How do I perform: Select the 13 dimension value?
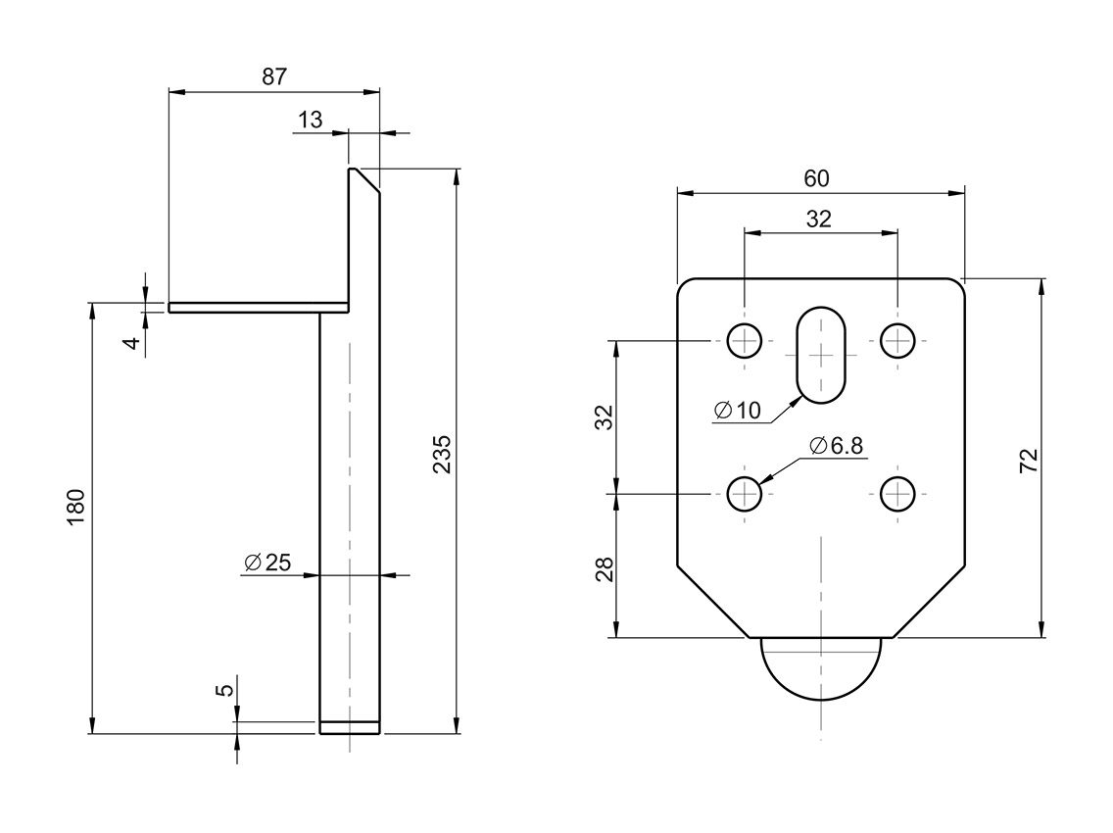pos(310,120)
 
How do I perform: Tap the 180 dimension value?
pos(76,506)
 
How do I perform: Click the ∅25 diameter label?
pos(266,563)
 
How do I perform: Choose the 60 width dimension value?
pos(816,178)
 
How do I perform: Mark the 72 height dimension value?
pos(1028,461)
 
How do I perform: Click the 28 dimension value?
pos(604,569)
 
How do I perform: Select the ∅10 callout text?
pos(737,411)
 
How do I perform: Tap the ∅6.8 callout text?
pos(837,446)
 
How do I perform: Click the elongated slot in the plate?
pos(821,355)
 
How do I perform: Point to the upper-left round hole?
pos(745,341)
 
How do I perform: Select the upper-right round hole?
pos(896,341)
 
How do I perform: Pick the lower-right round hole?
pos(896,494)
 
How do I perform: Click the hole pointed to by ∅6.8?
pos(745,494)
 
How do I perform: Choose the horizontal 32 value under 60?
pos(818,220)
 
